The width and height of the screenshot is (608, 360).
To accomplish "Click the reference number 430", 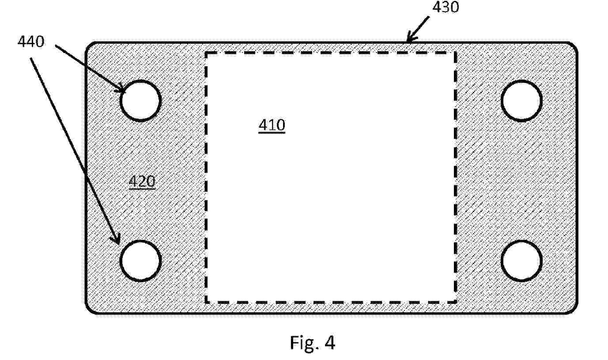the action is pyautogui.click(x=446, y=7).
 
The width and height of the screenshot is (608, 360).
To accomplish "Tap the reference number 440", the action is pyautogui.click(x=30, y=42).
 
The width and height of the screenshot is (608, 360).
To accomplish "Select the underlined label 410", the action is pyautogui.click(x=272, y=125).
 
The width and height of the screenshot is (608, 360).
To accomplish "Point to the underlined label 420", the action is pyautogui.click(x=142, y=182).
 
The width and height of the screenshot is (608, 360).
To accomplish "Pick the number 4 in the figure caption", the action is pyautogui.click(x=330, y=342).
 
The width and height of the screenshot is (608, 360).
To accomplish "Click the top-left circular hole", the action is pyautogui.click(x=140, y=101).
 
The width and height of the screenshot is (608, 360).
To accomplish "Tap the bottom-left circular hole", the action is pyautogui.click(x=140, y=261).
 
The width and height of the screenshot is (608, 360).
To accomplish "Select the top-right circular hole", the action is pyautogui.click(x=521, y=101).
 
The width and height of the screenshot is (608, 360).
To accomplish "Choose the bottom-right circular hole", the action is pyautogui.click(x=521, y=261).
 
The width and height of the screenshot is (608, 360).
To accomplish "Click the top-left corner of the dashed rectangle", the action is pyautogui.click(x=206, y=53).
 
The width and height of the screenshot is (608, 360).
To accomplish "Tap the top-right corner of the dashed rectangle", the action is pyautogui.click(x=455, y=53).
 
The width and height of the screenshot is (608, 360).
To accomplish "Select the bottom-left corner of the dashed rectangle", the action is pyautogui.click(x=206, y=302).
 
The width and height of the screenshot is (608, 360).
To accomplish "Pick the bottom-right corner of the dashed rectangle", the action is pyautogui.click(x=455, y=302).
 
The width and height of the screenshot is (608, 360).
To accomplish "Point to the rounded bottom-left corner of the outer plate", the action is pyautogui.click(x=89, y=311).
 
